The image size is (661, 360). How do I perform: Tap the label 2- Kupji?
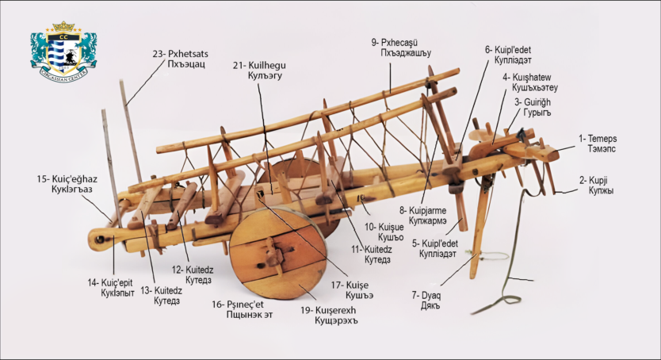[x=598, y=180]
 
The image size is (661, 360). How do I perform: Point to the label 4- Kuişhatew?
[x=529, y=77]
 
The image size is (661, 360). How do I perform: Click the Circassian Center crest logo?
[x=63, y=50]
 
